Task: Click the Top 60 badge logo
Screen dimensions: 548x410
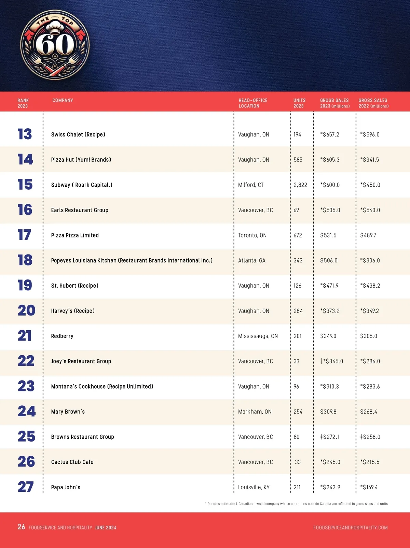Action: click(55, 44)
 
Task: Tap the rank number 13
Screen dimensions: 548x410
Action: click(25, 134)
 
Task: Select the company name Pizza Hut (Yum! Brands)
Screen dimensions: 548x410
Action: click(81, 160)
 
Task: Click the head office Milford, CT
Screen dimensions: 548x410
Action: click(251, 185)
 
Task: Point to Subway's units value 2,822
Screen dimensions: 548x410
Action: click(300, 185)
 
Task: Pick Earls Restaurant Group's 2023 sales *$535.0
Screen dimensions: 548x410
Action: click(330, 210)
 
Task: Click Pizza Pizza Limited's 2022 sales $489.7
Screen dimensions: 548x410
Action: click(368, 235)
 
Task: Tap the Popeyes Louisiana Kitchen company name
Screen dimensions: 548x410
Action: click(132, 261)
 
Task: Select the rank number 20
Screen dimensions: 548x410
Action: click(26, 311)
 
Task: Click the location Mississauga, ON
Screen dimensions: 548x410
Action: click(258, 336)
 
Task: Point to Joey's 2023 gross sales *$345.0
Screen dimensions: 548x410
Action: click(332, 361)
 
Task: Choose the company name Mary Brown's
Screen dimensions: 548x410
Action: click(68, 412)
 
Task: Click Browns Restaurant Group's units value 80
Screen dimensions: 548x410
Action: click(297, 437)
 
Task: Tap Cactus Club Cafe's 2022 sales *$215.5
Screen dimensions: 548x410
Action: click(370, 462)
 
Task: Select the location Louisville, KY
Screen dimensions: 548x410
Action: click(254, 487)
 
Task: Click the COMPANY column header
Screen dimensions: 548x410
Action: click(63, 100)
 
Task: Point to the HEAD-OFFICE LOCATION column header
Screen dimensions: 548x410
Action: click(253, 103)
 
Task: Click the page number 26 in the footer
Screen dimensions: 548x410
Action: click(21, 527)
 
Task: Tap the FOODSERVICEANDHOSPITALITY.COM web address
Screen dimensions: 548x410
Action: click(351, 528)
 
